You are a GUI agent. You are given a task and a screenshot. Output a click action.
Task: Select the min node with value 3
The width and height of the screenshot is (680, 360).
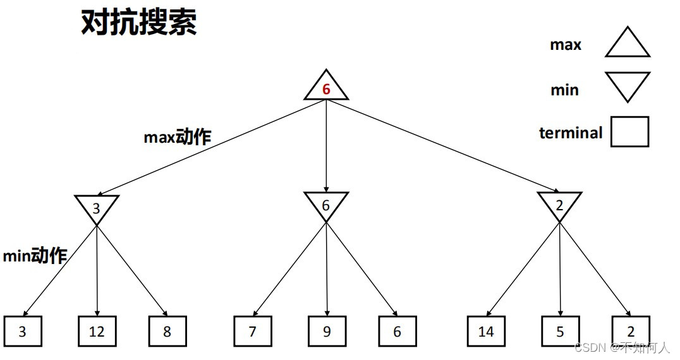click(x=96, y=206)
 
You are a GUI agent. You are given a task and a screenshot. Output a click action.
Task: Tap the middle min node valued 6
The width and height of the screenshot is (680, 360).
click(x=326, y=205)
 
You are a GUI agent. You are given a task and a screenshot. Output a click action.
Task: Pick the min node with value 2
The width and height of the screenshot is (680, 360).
click(x=559, y=205)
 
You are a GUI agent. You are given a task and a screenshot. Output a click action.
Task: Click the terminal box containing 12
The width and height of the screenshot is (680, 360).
click(x=97, y=331)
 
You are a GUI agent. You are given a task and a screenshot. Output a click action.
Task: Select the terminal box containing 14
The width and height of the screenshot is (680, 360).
click(x=486, y=331)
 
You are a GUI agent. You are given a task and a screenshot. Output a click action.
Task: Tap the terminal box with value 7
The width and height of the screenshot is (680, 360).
click(x=252, y=331)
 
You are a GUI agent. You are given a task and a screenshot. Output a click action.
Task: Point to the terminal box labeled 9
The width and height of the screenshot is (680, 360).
click(x=327, y=331)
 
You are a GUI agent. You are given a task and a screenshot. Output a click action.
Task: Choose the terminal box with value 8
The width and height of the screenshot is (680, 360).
click(x=167, y=331)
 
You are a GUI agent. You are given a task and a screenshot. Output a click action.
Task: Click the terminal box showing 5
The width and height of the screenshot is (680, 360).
click(x=560, y=331)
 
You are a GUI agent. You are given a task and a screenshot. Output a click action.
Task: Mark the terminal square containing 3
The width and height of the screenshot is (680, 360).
click(x=23, y=331)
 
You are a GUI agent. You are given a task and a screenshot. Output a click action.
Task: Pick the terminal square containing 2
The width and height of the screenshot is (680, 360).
click(x=630, y=331)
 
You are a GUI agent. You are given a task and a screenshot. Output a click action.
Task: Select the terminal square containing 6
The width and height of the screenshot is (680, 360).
click(x=398, y=331)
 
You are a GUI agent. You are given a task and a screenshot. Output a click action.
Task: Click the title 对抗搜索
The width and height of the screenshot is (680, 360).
click(x=139, y=23)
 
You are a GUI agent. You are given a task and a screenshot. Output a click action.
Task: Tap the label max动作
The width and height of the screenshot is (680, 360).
click(x=177, y=137)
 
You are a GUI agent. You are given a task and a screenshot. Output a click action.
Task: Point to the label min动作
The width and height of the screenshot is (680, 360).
click(x=35, y=256)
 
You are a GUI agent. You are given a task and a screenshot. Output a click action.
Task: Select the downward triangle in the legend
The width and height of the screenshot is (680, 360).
click(x=627, y=85)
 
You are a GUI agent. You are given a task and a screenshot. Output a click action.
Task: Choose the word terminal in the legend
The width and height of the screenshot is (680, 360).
click(x=571, y=133)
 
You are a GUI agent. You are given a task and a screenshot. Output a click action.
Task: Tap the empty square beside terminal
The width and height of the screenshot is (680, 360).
click(x=629, y=132)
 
